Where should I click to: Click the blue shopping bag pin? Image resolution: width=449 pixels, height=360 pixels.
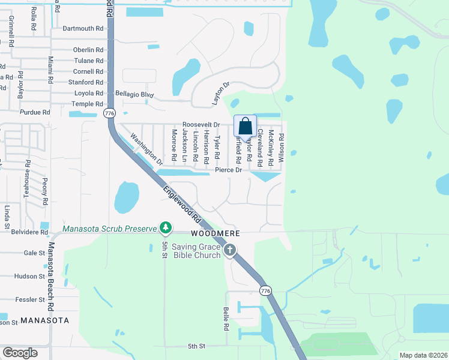(x=245, y=127)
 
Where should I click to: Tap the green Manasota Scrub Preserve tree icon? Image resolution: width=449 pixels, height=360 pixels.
(x=166, y=227)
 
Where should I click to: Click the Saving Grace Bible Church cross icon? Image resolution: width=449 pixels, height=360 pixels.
(x=229, y=249)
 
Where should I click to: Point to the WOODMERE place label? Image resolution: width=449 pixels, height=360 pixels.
(x=215, y=233)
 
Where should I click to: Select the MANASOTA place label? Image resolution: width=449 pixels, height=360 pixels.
(x=44, y=321)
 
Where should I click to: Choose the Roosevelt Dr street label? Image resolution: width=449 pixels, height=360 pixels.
(x=202, y=125)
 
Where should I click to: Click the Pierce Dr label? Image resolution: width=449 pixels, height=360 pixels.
(x=228, y=170)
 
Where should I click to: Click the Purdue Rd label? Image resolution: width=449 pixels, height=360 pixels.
(x=35, y=112)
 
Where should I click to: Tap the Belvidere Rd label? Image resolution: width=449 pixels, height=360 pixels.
(x=29, y=232)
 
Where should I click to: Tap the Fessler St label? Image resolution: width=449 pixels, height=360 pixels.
(x=30, y=299)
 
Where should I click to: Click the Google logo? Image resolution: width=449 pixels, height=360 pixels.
(x=20, y=353)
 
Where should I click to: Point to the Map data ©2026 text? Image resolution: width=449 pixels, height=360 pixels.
(x=423, y=355)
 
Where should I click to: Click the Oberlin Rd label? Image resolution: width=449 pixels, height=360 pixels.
(x=88, y=50)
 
